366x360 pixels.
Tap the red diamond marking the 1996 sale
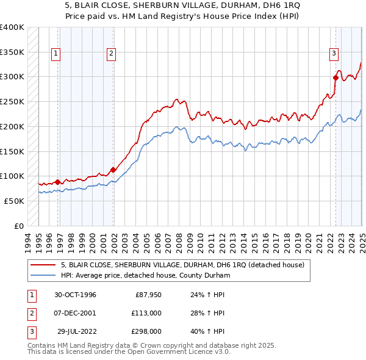tap(57, 182)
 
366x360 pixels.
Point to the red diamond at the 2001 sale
tap(113, 170)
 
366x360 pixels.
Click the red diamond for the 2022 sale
tap(336, 77)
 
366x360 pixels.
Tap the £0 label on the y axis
tap(18, 226)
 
